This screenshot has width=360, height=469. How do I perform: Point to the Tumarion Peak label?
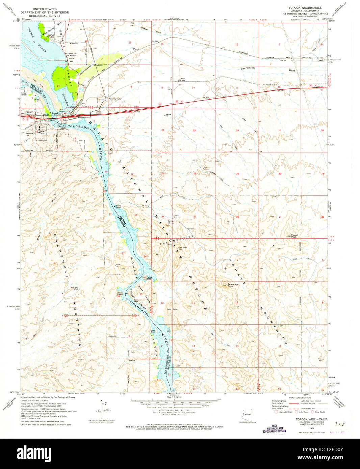[233, 284]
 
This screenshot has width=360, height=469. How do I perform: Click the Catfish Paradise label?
[51, 35]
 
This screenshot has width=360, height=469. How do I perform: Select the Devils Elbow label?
[120, 294]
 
